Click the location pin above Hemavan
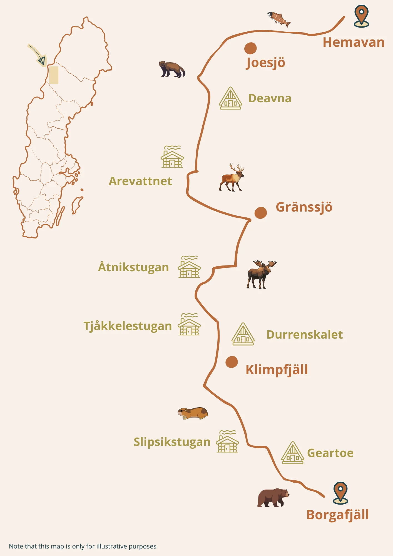click(361, 16)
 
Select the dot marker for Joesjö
click(250, 48)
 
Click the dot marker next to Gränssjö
click(261, 213)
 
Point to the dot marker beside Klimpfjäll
click(232, 362)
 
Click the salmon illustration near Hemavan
click(279, 19)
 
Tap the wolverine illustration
click(172, 69)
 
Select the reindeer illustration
click(232, 178)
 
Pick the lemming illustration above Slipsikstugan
click(193, 413)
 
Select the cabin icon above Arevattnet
click(172, 157)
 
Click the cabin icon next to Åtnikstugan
click(189, 267)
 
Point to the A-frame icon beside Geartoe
click(292, 453)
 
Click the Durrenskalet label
click(304, 335)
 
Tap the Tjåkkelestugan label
click(128, 326)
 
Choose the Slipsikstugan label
click(172, 442)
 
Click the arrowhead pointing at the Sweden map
click(42, 61)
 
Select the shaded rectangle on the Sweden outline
click(54, 75)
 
